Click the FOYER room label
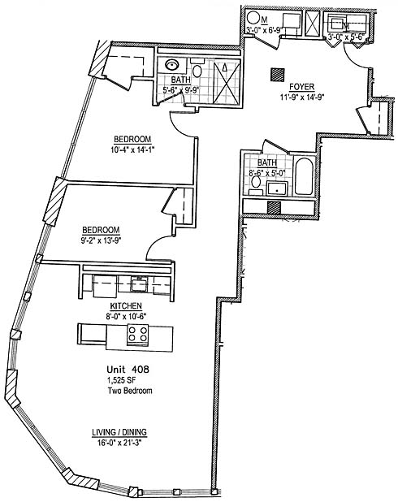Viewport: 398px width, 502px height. click(301, 87)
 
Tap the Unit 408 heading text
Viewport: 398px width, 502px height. click(128, 370)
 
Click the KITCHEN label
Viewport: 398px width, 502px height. click(126, 305)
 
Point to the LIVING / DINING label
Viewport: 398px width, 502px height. click(119, 432)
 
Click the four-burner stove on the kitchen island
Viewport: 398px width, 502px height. click(138, 335)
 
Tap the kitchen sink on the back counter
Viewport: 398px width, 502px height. click(139, 284)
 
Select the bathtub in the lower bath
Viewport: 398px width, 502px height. click(304, 175)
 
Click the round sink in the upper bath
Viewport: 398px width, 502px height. click(172, 65)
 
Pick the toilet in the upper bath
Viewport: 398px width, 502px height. click(197, 68)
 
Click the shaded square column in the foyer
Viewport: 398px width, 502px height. click(277, 76)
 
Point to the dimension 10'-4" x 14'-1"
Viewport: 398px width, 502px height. click(132, 149)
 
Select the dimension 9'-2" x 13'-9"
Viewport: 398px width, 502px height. click(101, 240)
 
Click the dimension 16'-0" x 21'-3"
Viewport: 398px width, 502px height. click(119, 443)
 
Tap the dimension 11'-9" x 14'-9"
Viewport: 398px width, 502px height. click(303, 97)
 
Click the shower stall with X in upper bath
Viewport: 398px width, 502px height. click(227, 83)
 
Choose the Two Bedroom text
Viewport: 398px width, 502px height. click(130, 391)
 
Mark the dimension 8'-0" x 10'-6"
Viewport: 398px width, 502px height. click(126, 316)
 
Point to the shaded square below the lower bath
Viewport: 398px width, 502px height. click(274, 207)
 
